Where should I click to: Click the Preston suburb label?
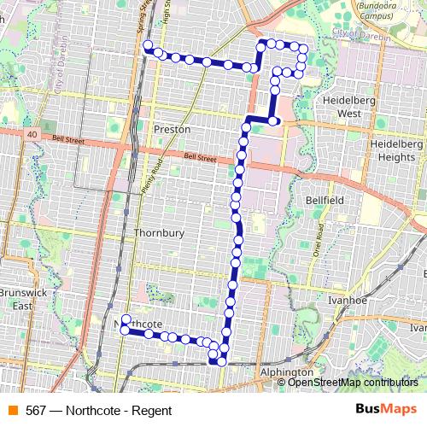172,129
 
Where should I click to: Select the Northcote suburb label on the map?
138,324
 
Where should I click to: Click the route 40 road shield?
31,135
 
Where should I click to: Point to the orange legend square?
12,411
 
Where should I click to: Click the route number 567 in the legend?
36,411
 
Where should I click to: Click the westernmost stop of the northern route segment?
148,45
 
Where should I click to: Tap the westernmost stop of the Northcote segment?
126,330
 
